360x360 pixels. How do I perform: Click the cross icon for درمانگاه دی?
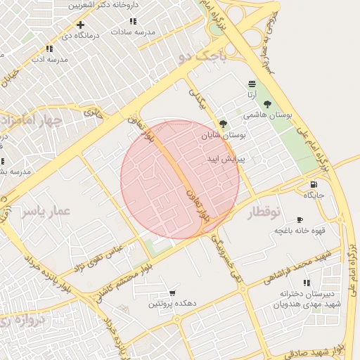point(81,25)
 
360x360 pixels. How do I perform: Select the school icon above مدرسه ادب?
point(49,49)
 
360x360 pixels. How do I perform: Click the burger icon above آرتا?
point(252,84)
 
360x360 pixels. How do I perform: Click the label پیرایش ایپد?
point(225,160)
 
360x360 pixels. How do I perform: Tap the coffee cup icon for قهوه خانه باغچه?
point(300,220)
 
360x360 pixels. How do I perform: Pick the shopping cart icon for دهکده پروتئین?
point(172,293)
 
